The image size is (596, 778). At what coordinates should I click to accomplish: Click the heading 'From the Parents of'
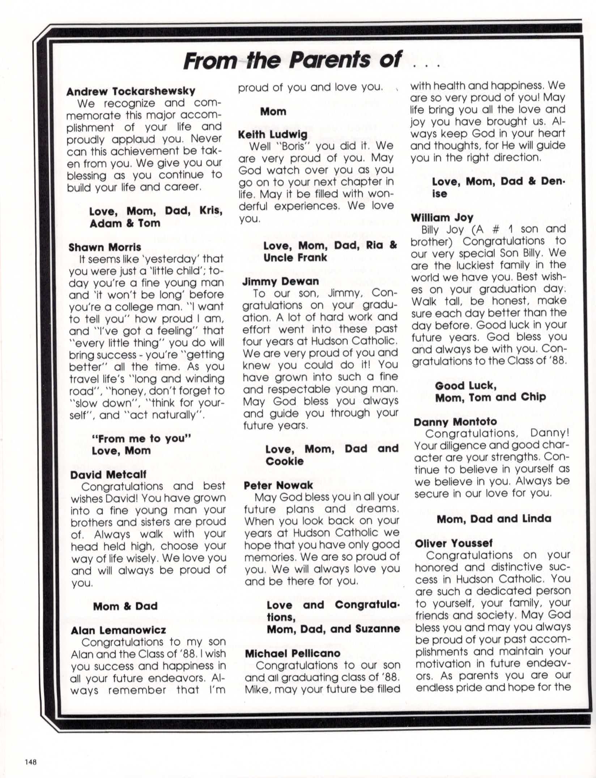coord(292,60)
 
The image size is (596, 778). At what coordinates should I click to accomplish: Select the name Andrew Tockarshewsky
coord(131,91)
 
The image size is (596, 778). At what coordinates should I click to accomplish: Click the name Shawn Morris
coord(105,247)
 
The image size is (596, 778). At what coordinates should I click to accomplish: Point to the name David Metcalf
coord(108,474)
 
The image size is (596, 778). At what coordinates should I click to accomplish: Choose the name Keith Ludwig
coord(273,134)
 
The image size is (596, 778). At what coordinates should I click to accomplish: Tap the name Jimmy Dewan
coord(281,281)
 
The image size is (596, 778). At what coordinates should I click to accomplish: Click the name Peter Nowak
coord(278,485)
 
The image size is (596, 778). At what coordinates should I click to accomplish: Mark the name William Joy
coord(442,218)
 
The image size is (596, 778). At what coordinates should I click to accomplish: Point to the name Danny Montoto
coord(455,422)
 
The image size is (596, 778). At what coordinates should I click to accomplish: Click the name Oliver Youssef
coord(454,543)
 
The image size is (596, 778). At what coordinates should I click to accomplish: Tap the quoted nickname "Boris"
coord(292,146)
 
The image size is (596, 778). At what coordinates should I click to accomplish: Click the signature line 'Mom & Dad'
coord(125,606)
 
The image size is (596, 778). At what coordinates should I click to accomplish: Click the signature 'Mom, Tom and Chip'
coord(490,398)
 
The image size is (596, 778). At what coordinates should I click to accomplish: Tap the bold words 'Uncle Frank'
coord(295,258)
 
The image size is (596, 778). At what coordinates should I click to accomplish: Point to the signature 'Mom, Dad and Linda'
coord(494,519)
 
